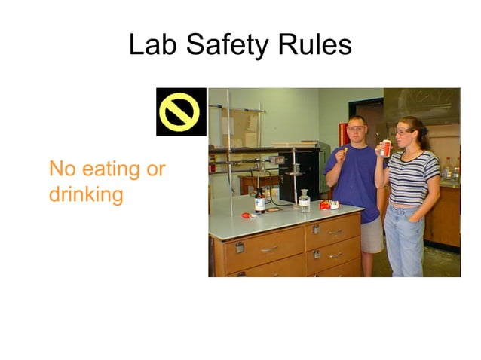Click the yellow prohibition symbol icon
pos(181,112)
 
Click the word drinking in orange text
pos(85,194)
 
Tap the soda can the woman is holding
pos(386,148)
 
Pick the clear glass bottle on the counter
pos(304,201)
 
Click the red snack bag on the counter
pos(328,204)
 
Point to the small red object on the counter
pos(246,215)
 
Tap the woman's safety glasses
pos(402,132)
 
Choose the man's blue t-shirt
pos(354,181)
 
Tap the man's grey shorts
pos(371,236)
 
